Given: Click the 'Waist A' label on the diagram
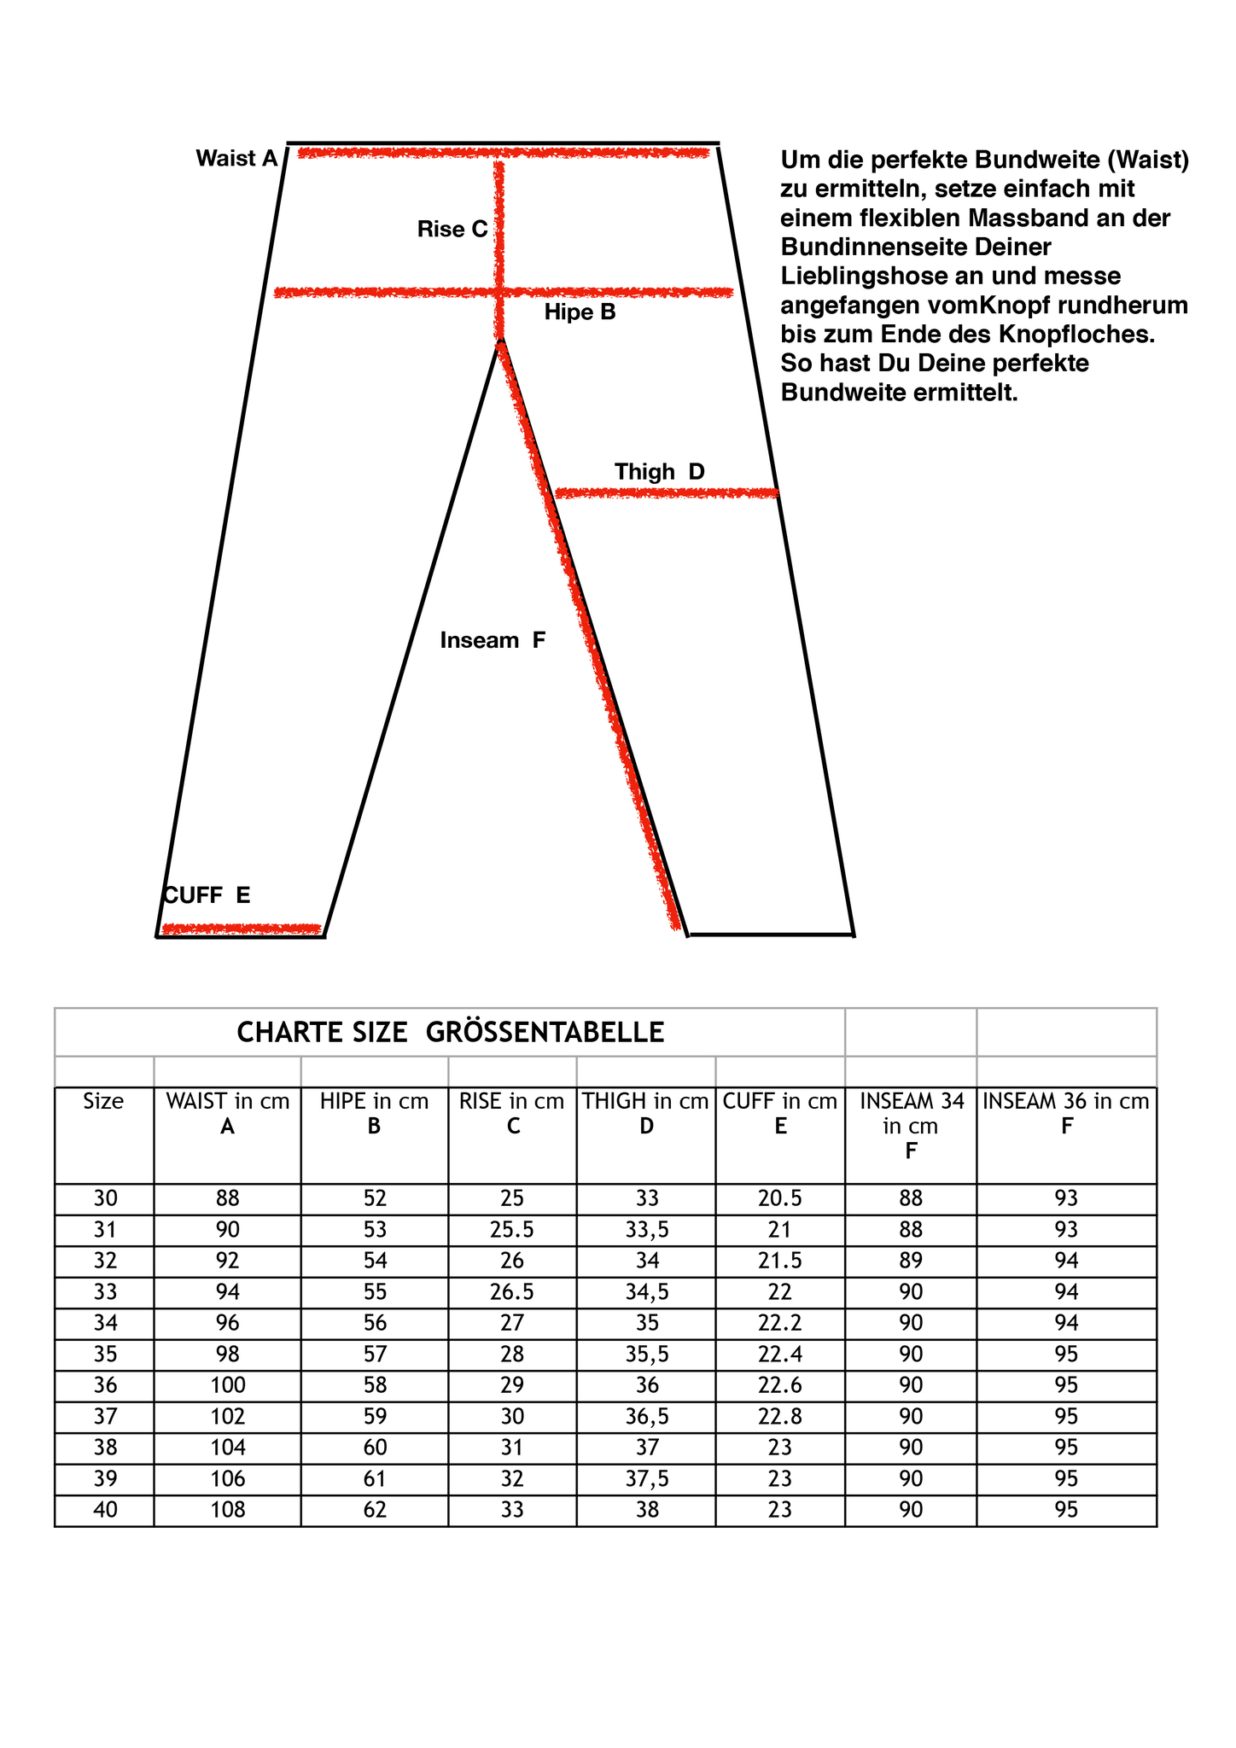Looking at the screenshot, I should coord(236,159).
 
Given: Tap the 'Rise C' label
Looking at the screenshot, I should coord(452,229).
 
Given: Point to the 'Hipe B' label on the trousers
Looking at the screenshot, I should coord(580,312).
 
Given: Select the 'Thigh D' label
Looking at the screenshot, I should coord(659,471).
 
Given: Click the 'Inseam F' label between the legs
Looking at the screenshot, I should coord(493,640).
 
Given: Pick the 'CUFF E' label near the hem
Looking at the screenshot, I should coord(207,894).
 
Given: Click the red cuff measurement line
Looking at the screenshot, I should coord(242,928).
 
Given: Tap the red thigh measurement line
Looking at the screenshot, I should coord(666,492).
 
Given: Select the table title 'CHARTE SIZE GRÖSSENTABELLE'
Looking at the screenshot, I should coord(450,1033).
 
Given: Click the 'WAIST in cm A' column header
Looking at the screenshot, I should coord(227,1114).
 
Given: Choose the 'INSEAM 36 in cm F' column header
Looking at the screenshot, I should coord(1065,1114).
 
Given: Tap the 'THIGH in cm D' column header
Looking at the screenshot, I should coord(645,1114).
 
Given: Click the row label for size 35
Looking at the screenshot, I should coord(105,1354).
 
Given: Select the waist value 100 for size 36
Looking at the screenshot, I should coord(227,1384).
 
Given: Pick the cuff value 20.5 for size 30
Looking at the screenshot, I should coord(779,1198).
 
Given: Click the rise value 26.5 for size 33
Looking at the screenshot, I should coord(511,1291).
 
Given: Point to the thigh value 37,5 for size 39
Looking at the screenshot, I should coord(646,1478).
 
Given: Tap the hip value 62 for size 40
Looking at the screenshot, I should coord(375,1509).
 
